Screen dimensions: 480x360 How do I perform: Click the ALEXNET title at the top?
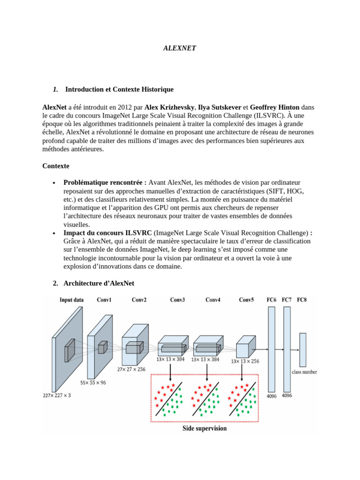pyautogui.click(x=180, y=48)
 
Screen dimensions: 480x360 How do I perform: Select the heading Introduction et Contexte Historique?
pyautogui.click(x=119, y=89)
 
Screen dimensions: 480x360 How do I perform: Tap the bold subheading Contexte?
pyautogui.click(x=56, y=166)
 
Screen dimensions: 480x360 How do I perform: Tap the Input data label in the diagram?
pyautogui.click(x=72, y=300)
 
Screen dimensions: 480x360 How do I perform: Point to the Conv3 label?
pyautogui.click(x=177, y=300)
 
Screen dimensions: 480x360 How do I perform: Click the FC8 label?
pyautogui.click(x=302, y=300)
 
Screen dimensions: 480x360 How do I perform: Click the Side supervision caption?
pyautogui.click(x=204, y=428)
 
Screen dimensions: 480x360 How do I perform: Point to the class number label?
pyautogui.click(x=304, y=372)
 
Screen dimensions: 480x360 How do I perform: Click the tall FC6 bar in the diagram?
pyautogui.click(x=271, y=349)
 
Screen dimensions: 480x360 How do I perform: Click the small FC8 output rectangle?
pyautogui.click(x=303, y=350)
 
